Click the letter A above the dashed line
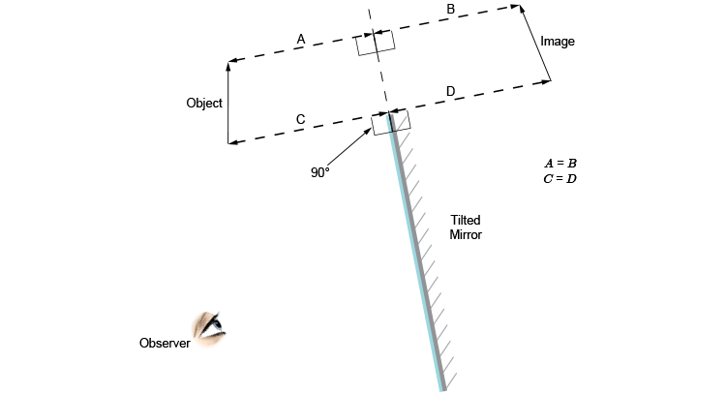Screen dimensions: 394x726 301,39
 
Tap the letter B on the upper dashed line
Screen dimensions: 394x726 450,9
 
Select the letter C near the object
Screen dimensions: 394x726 300,119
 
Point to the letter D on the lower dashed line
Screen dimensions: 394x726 450,92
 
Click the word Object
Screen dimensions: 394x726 204,103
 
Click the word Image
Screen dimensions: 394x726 557,42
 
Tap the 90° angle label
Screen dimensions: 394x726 320,172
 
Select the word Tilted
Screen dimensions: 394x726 466,220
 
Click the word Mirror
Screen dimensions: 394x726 466,234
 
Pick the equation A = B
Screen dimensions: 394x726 560,164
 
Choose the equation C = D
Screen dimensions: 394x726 560,179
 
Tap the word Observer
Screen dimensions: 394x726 165,343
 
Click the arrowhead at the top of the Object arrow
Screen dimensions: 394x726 228,65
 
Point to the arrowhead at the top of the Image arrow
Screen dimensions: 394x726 523,9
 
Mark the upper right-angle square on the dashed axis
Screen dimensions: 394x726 375,44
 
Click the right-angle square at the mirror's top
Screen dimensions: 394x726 391,122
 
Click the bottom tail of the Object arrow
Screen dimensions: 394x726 228,143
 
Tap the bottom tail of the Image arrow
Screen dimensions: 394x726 550,80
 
